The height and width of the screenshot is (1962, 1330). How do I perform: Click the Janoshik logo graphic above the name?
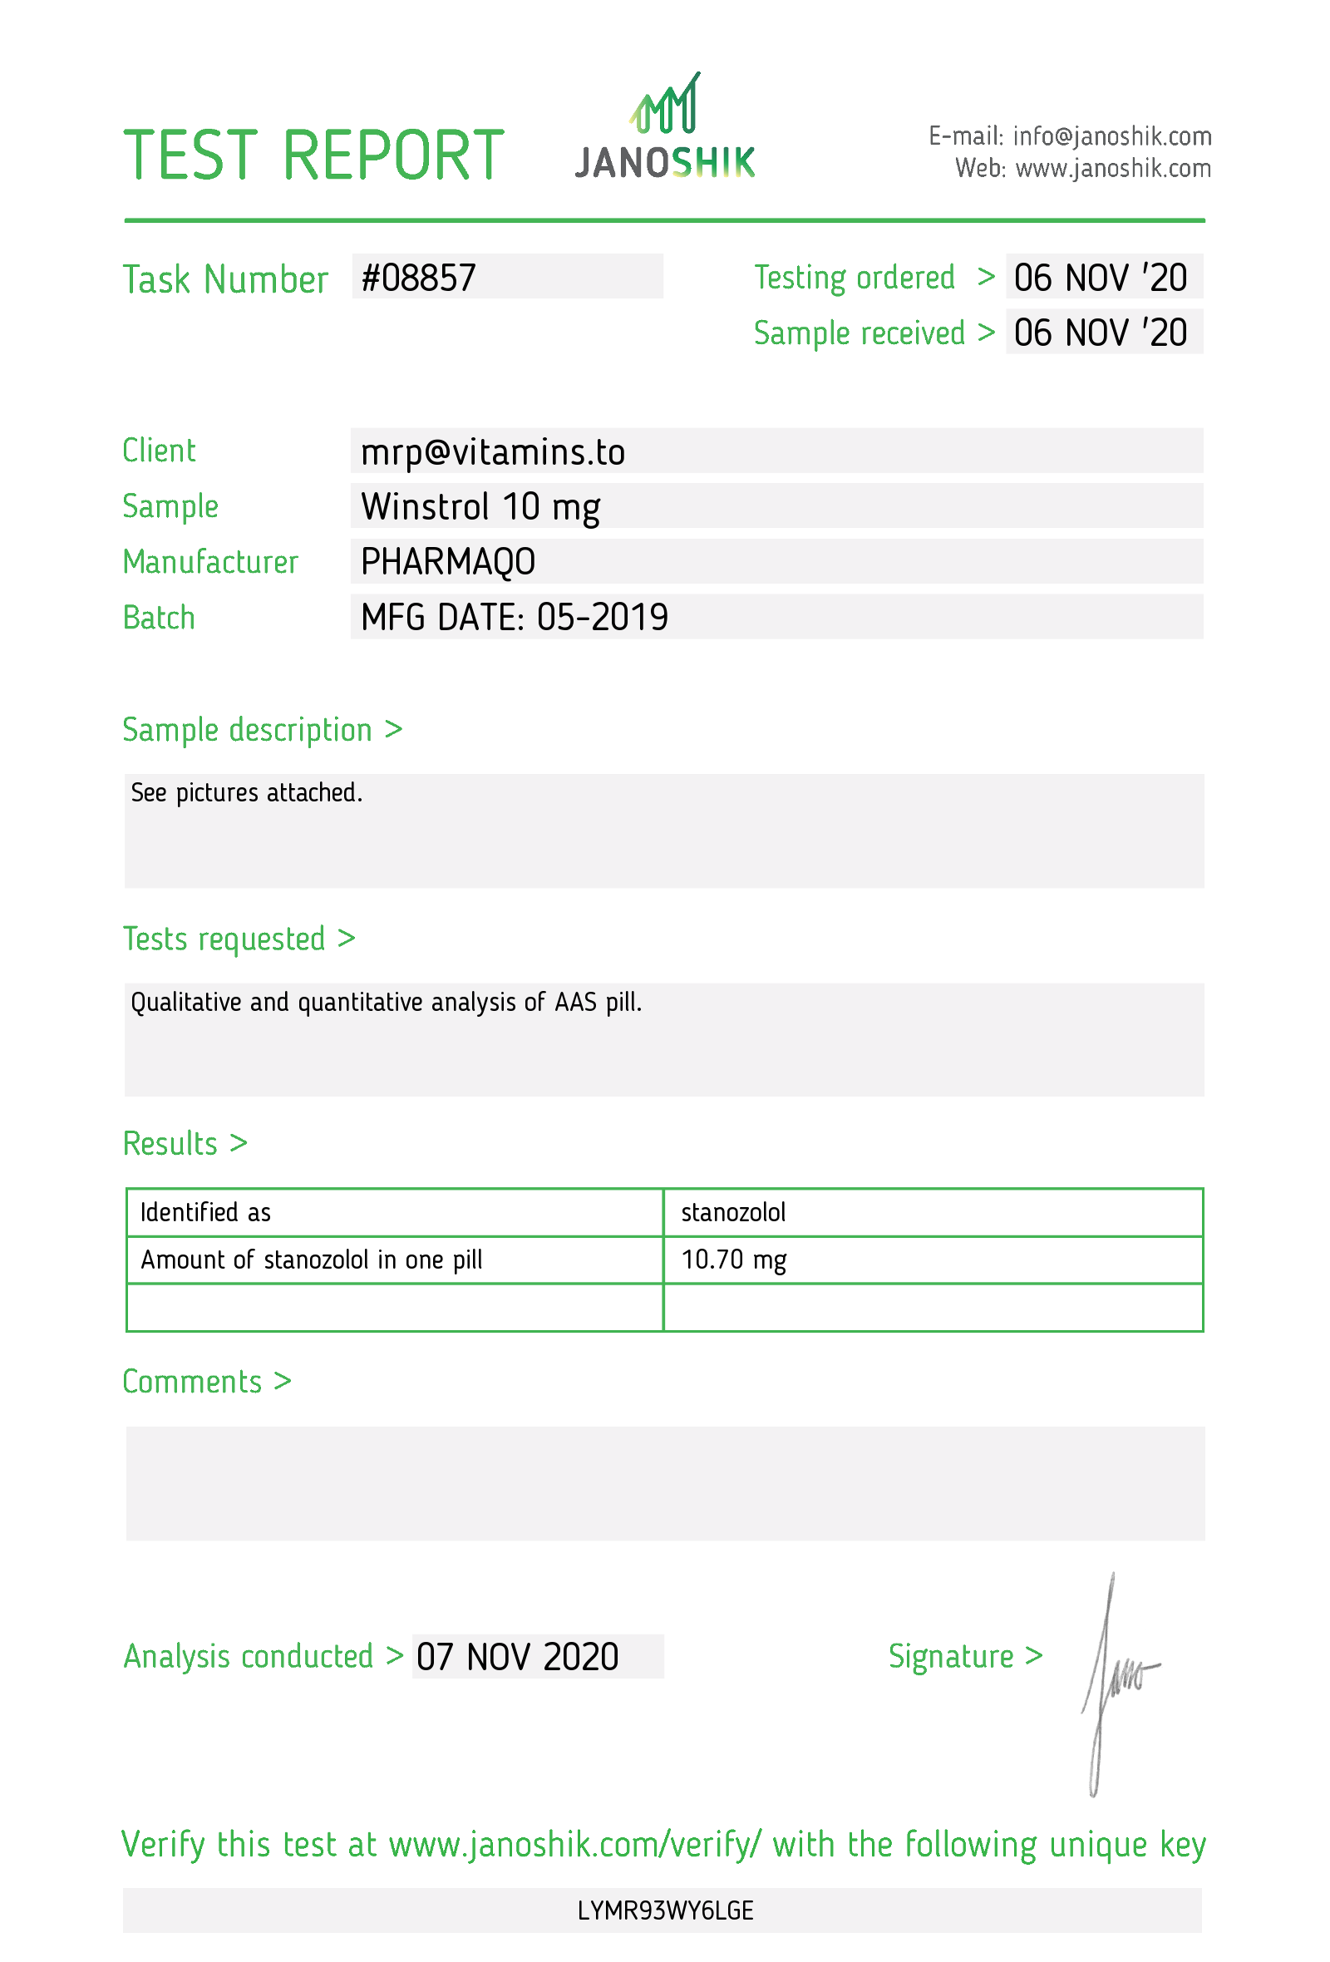pyautogui.click(x=665, y=105)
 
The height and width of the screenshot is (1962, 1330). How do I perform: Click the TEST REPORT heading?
pyautogui.click(x=313, y=156)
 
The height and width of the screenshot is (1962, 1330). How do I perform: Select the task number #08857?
pyautogui.click(x=419, y=278)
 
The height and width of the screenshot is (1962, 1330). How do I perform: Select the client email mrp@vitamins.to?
pyautogui.click(x=493, y=452)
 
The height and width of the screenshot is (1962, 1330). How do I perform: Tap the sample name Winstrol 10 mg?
pyautogui.click(x=480, y=507)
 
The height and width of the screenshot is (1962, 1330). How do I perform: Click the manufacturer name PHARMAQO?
pyautogui.click(x=448, y=562)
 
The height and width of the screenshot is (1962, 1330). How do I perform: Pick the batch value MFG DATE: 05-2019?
pyautogui.click(x=514, y=618)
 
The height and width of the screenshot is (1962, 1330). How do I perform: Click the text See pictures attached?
pyautogui.click(x=246, y=793)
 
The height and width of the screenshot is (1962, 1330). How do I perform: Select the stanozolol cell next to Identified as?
pyautogui.click(x=732, y=1212)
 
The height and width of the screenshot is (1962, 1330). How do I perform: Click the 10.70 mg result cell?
pyautogui.click(x=732, y=1260)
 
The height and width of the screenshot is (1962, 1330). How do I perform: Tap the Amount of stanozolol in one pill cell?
pyautogui.click(x=312, y=1260)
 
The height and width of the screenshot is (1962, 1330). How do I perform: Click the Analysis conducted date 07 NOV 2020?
pyautogui.click(x=517, y=1656)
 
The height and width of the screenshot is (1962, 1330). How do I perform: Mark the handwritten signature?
pyautogui.click(x=1114, y=1680)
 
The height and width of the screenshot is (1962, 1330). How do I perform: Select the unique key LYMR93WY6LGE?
pyautogui.click(x=665, y=1910)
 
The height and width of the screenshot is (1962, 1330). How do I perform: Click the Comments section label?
pyautogui.click(x=192, y=1382)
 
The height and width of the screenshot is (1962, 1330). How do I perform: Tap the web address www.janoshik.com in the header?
pyautogui.click(x=1112, y=169)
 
